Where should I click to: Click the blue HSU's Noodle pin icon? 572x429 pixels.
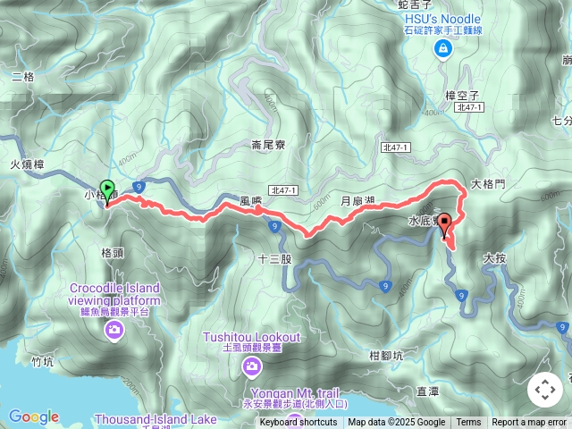tap(442, 50)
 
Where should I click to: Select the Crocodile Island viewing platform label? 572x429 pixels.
tap(117, 294)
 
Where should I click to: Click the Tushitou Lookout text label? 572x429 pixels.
tap(251, 341)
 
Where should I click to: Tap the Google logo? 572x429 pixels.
tap(33, 416)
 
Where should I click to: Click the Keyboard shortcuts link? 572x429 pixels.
tap(299, 423)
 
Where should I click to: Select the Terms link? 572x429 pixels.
tap(468, 423)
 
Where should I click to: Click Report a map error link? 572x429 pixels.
tap(529, 423)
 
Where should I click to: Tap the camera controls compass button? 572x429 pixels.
tap(545, 390)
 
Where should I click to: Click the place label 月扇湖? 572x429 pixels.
tap(357, 203)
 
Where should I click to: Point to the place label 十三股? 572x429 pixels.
tap(274, 259)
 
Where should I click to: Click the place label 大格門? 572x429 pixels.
tap(488, 183)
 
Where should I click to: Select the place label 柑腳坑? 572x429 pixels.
tap(385, 355)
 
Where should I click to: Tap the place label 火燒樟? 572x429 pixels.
tap(27, 164)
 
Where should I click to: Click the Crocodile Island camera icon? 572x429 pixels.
tap(115, 332)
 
